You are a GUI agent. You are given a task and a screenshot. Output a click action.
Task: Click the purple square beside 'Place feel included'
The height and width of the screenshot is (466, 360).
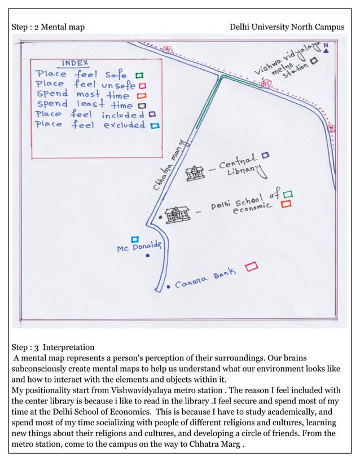(152, 115)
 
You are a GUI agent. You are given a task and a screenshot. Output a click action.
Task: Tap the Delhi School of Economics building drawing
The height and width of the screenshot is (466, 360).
(178, 214)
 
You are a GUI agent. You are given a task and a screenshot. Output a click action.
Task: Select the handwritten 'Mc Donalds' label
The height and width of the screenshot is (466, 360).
(139, 247)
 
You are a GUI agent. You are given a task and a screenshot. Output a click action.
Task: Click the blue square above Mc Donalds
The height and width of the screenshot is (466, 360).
(135, 239)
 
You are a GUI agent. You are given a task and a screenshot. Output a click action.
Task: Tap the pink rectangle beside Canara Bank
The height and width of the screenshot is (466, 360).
(252, 265)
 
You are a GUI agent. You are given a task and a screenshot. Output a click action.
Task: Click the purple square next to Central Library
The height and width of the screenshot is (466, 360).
(265, 154)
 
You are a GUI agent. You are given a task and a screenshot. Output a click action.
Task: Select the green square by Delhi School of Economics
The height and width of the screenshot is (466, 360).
(288, 194)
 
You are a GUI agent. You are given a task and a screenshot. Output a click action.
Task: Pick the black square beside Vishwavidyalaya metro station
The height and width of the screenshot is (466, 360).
(314, 59)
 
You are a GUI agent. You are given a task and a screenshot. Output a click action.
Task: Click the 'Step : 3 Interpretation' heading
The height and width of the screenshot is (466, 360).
(53, 347)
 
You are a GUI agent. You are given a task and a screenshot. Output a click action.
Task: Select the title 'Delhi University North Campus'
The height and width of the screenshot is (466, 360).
(287, 27)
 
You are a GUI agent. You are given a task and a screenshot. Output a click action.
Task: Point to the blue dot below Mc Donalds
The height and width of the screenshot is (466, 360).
(147, 256)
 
